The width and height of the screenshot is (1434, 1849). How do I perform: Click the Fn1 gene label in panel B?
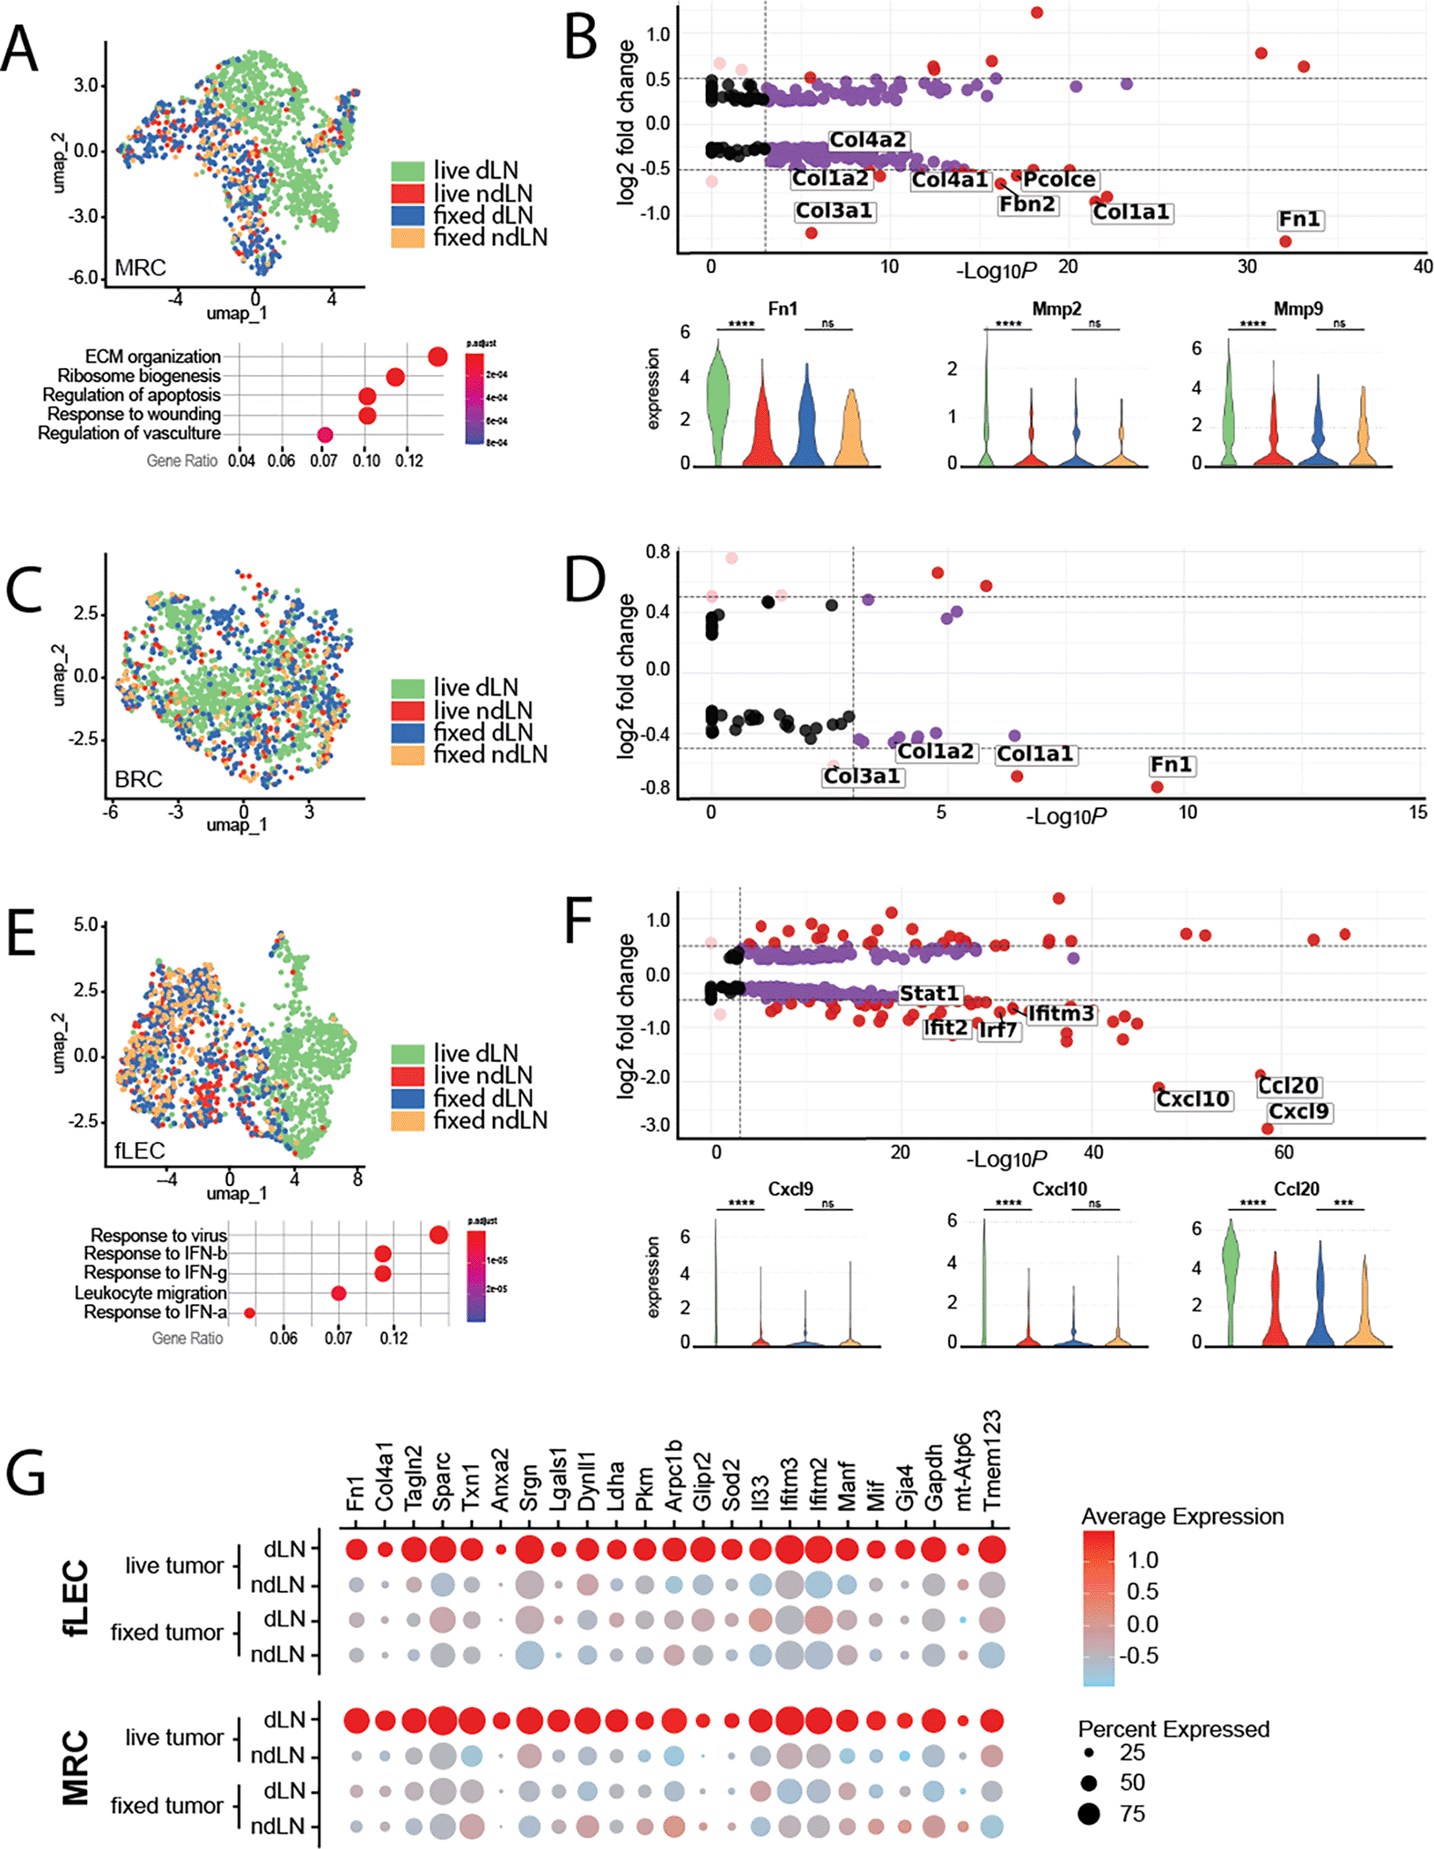pyautogui.click(x=1299, y=218)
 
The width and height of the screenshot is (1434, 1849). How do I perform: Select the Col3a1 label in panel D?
pyautogui.click(x=861, y=776)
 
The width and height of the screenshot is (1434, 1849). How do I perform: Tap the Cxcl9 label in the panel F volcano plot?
pyautogui.click(x=1298, y=1111)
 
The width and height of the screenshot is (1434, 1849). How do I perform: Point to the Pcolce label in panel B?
pyautogui.click(x=1059, y=180)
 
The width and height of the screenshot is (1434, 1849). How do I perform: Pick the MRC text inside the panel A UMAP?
pyautogui.click(x=140, y=268)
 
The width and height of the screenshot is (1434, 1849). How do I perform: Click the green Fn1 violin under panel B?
pyautogui.click(x=718, y=401)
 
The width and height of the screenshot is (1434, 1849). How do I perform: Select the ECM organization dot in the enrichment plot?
pyautogui.click(x=438, y=357)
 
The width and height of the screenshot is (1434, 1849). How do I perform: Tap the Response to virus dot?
pyautogui.click(x=438, y=1235)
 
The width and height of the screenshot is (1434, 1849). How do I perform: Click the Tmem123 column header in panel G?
pyautogui.click(x=992, y=1462)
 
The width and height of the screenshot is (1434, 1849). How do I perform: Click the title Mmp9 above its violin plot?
pyautogui.click(x=1298, y=309)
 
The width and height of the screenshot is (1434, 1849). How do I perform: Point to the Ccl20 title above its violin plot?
pyautogui.click(x=1297, y=1189)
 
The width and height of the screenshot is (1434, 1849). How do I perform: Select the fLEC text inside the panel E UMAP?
pyautogui.click(x=140, y=1150)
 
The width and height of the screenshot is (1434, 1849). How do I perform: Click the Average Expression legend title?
pyautogui.click(x=1181, y=1516)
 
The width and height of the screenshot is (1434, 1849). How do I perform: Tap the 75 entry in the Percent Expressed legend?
pyautogui.click(x=1132, y=1814)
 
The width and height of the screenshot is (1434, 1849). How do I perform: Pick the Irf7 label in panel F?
pyautogui.click(x=997, y=1029)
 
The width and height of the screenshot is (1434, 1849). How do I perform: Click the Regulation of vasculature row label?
pyautogui.click(x=129, y=433)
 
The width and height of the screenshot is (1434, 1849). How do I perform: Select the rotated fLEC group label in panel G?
pyautogui.click(x=77, y=1598)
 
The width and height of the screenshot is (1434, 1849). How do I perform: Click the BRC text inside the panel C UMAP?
pyautogui.click(x=138, y=779)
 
